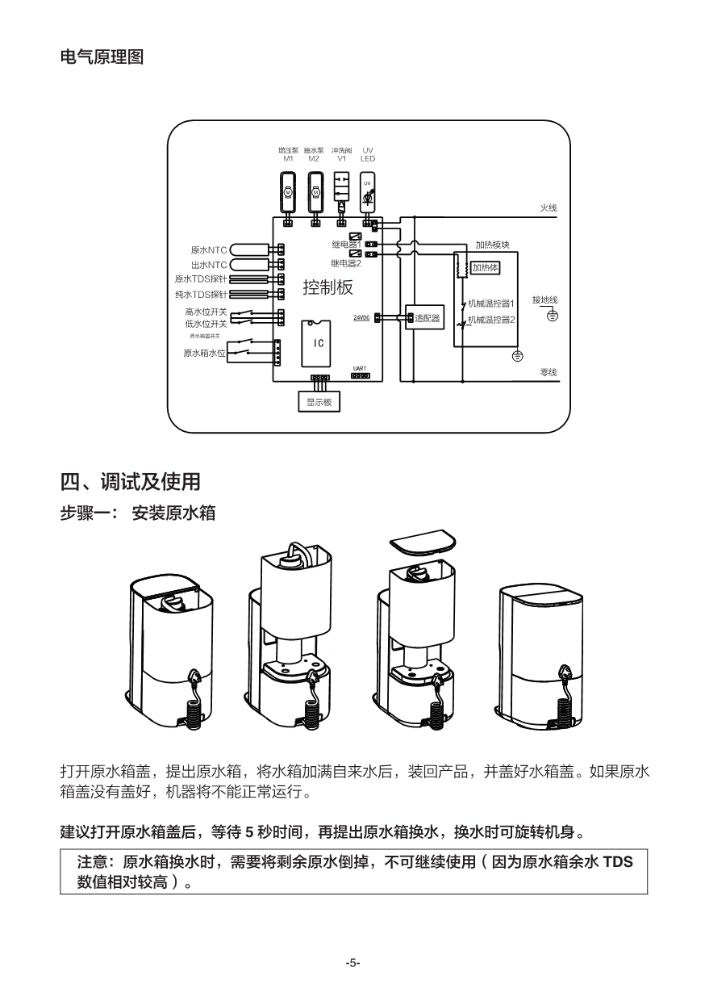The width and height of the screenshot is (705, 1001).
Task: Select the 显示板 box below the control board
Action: coord(319,401)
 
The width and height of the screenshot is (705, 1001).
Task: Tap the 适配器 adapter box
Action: coord(424,318)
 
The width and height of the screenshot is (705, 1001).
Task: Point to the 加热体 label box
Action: coord(486,267)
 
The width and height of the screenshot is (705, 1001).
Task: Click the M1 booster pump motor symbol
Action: coord(288,191)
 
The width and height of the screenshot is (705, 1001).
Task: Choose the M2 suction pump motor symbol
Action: coord(315,191)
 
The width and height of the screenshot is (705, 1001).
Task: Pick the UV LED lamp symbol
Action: coord(367,192)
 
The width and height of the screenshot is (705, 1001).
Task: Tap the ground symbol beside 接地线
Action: coord(552,315)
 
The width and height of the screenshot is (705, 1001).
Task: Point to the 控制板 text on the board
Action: coord(327,287)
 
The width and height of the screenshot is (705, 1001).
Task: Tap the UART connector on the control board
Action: coord(361,375)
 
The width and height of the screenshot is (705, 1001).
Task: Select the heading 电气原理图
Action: coord(102,58)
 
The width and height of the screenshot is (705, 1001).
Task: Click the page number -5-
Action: coord(352,963)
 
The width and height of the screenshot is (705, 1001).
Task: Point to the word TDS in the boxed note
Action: coord(618,862)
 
